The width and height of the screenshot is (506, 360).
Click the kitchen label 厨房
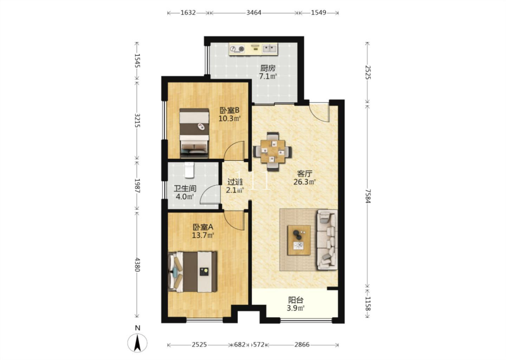click(268, 68)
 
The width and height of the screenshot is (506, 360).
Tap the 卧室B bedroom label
click(229, 110)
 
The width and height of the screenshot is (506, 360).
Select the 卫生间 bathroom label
click(185, 188)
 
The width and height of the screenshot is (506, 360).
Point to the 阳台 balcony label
click(296, 300)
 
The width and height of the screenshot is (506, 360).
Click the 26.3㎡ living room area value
click(305, 182)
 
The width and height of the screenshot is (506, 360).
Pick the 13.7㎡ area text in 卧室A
click(203, 235)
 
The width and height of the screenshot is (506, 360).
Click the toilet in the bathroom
click(189, 170)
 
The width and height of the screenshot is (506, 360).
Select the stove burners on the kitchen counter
click(237, 49)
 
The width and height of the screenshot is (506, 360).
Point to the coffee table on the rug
click(299, 240)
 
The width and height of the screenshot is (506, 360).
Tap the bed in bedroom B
click(194, 133)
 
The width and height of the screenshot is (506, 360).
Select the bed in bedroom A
click(192, 272)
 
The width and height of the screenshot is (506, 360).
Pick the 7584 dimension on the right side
click(368, 196)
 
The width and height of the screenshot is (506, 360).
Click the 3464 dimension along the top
click(254, 13)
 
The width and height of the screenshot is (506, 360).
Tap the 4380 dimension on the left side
click(137, 264)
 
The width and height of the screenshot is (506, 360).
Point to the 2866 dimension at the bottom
click(302, 345)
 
